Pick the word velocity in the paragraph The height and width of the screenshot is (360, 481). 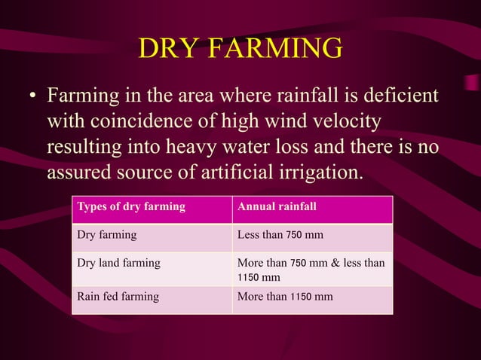tap(340, 122)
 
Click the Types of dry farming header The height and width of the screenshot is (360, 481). tap(131, 207)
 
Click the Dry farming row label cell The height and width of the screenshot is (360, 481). tap(107, 235)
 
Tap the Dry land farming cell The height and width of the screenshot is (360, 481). tap(119, 264)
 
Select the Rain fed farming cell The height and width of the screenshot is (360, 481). tap(118, 297)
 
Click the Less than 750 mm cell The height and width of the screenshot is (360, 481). tap(280, 235)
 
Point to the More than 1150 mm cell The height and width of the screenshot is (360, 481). tap(285, 297)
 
